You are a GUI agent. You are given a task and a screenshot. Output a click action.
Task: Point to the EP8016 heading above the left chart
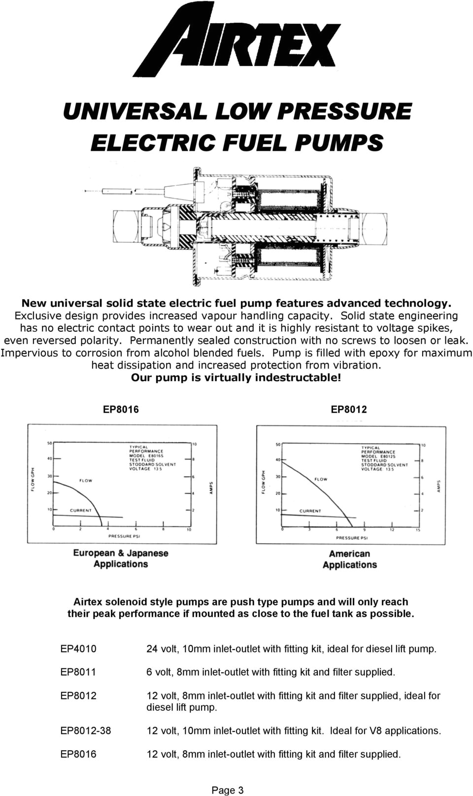tap(121, 410)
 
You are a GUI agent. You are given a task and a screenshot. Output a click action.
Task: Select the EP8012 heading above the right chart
tap(348, 410)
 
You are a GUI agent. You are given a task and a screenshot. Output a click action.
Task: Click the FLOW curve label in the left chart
tap(86, 481)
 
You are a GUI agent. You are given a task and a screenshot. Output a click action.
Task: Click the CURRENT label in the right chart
tap(310, 511)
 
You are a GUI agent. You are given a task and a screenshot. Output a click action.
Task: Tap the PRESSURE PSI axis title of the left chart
tap(120, 536)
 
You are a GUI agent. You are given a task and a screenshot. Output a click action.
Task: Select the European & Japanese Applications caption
tap(121, 558)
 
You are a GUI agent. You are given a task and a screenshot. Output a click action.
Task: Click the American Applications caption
tap(349, 559)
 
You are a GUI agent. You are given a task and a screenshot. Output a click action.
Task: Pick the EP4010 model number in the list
tap(78, 649)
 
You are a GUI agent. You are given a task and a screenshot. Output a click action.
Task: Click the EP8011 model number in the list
tap(78, 672)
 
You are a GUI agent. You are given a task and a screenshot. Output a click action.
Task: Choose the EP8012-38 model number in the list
tap(86, 730)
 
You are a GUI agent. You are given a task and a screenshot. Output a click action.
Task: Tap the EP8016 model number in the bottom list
tap(78, 754)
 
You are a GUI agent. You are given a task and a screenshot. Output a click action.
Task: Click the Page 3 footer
tap(227, 790)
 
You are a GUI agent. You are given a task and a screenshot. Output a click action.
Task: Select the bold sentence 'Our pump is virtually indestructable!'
tap(236, 378)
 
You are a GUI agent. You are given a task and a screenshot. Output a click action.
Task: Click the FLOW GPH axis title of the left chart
tap(34, 479)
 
